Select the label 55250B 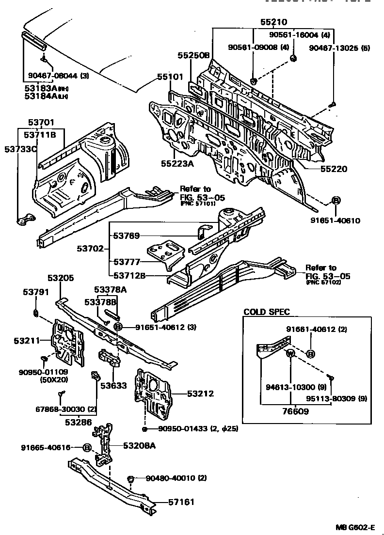193,56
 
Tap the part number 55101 170,78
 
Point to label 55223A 177,163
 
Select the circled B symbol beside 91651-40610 335,201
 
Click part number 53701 41,123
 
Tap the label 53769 127,236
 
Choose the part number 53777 127,262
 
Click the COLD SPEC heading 266,312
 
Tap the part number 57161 181,502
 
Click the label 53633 113,386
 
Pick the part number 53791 36,292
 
